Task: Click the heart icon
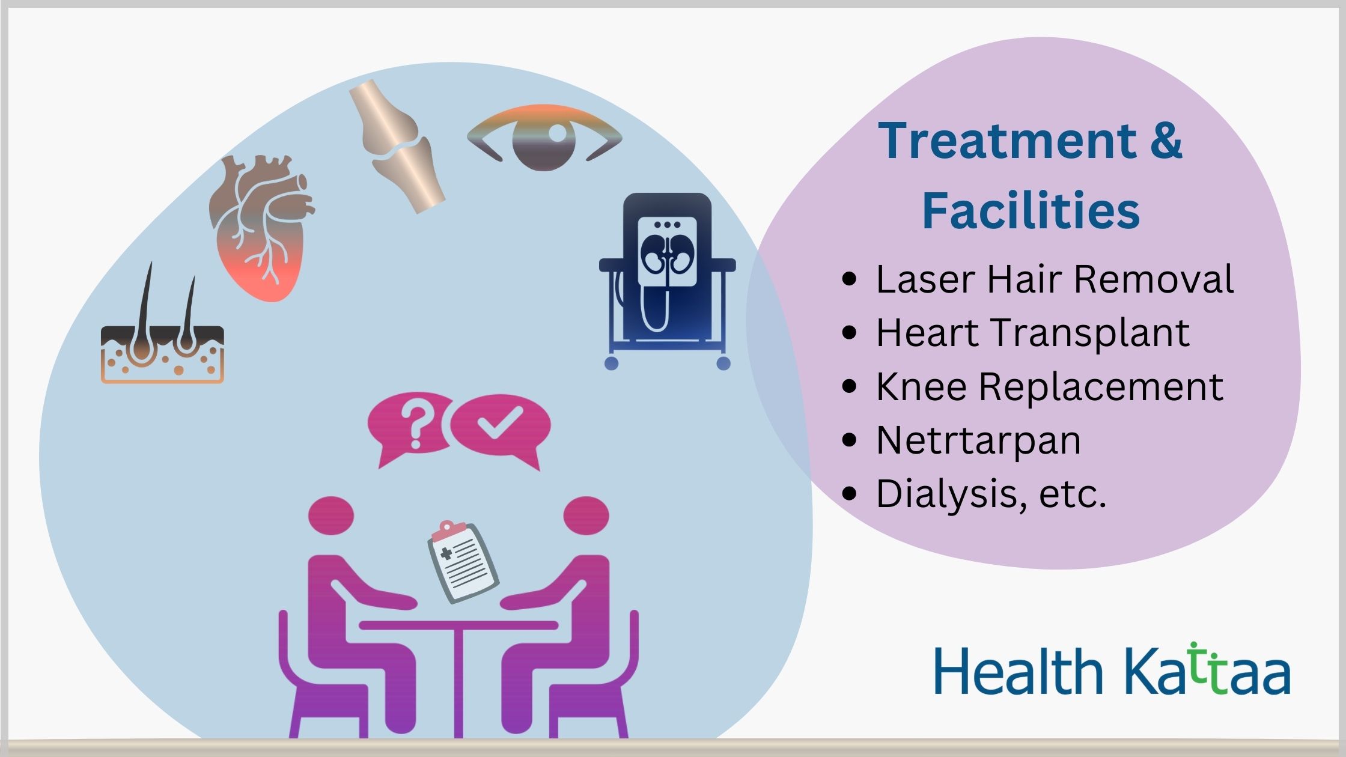tap(261, 228)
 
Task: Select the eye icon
tap(544, 137)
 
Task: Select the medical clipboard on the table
tap(463, 562)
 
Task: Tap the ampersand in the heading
tap(1166, 142)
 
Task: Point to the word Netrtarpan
tap(979, 440)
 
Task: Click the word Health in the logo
tap(1019, 671)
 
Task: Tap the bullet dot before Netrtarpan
tap(849, 440)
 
